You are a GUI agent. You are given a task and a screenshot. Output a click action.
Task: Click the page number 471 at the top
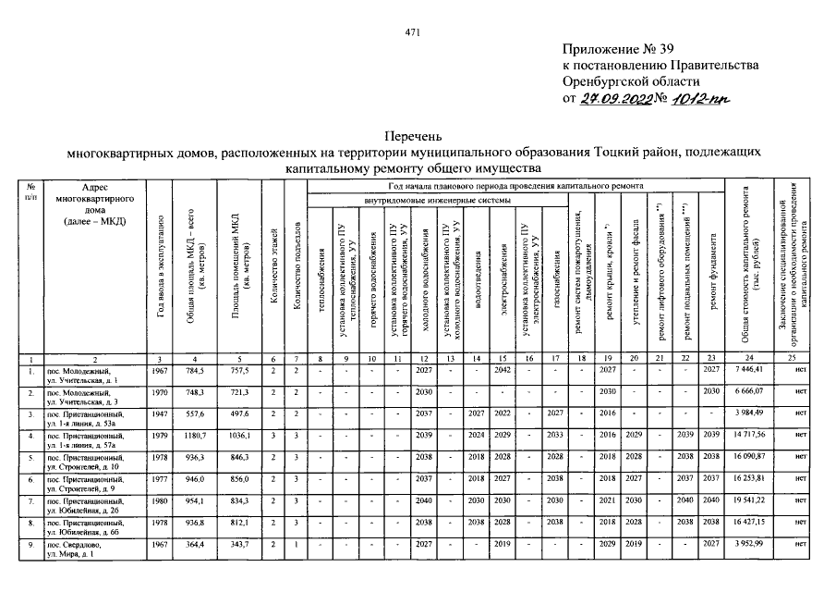[x=413, y=33]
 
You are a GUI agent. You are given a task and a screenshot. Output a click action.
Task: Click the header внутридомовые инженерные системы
[x=434, y=200]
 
